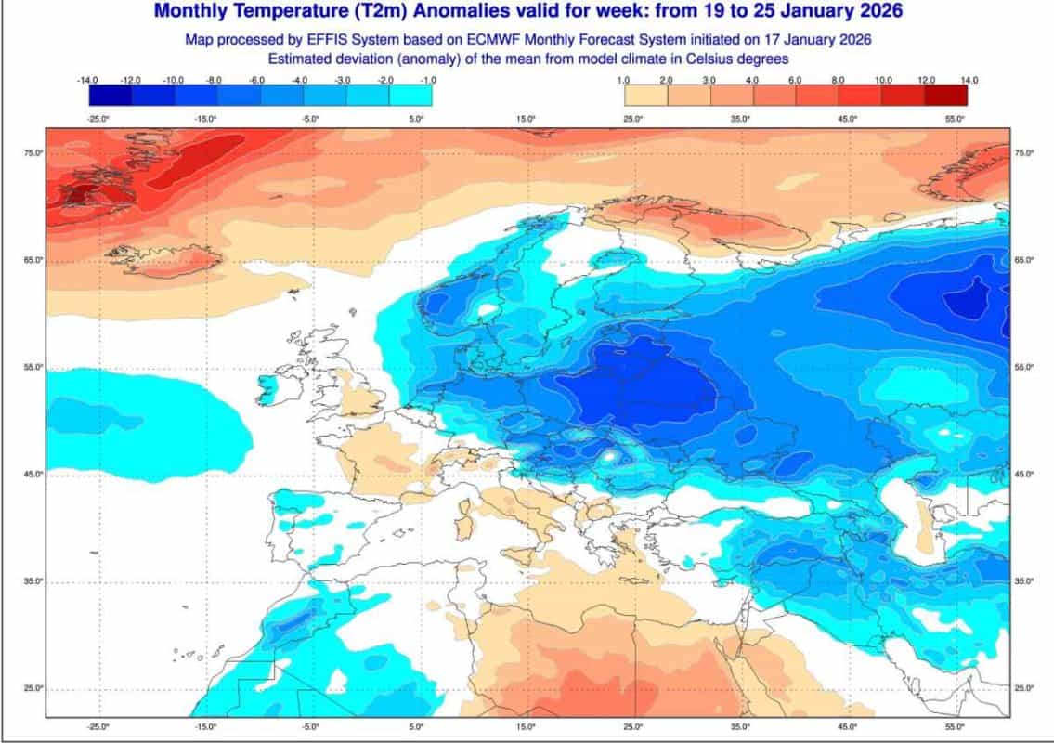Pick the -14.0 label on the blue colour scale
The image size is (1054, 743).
click(x=88, y=81)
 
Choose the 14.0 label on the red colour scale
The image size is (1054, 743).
click(x=969, y=81)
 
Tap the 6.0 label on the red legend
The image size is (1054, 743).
click(x=795, y=81)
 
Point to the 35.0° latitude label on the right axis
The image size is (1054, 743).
click(x=1024, y=581)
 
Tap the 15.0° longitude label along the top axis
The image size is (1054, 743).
click(x=527, y=119)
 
